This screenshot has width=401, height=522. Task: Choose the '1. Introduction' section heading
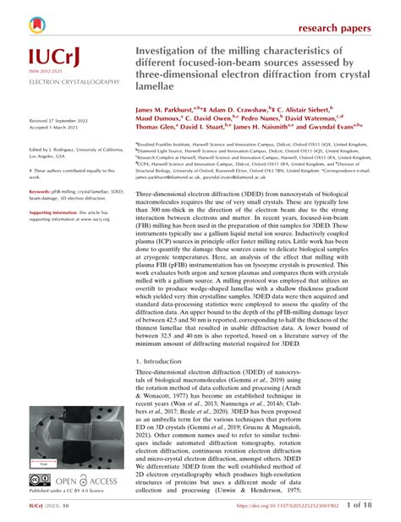168,359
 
